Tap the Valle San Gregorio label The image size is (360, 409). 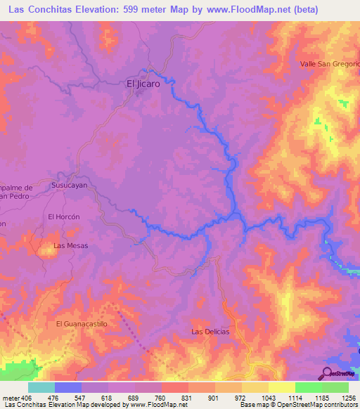tap(329, 63)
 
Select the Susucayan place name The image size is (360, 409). tap(69, 185)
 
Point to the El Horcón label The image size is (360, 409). tap(60, 217)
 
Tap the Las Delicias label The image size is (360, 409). tap(210, 331)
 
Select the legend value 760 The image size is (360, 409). tap(161, 398)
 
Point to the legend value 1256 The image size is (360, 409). tap(347, 398)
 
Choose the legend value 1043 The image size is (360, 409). tap(268, 398)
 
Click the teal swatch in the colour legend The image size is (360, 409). tap(41, 387)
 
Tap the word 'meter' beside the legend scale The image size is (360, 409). tap(11, 398)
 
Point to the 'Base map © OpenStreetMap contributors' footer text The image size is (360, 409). tap(297, 405)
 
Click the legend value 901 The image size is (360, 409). tap(214, 398)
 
